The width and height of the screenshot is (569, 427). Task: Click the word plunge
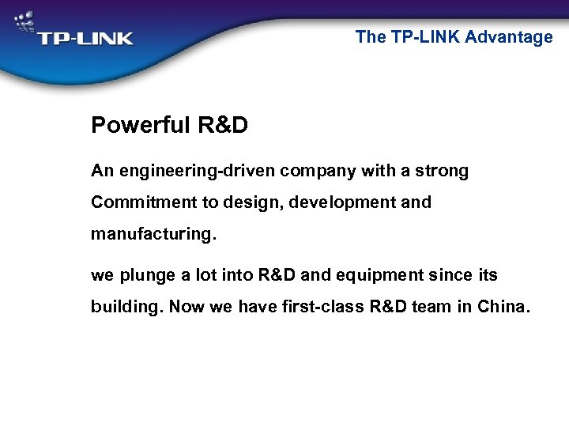[x=146, y=276]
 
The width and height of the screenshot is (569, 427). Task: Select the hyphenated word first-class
[x=323, y=307]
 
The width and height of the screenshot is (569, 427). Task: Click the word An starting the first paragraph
[x=102, y=171]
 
